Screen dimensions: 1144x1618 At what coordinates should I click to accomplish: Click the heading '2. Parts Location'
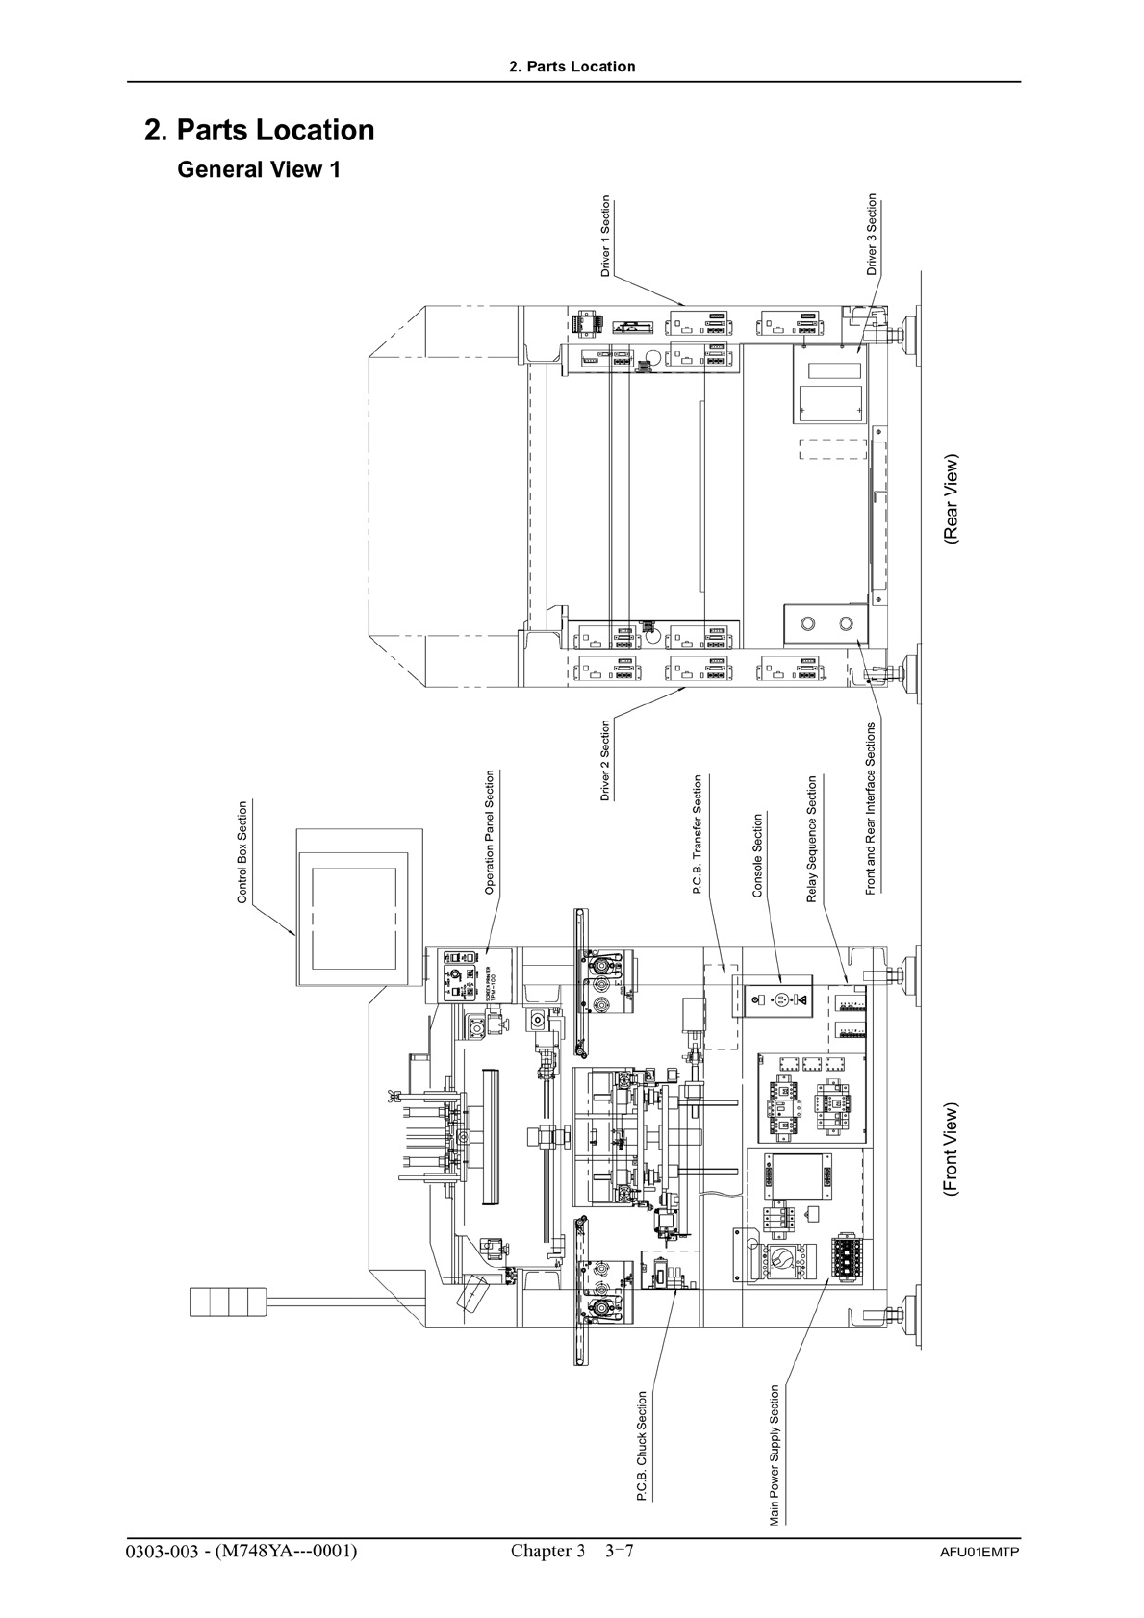coord(259,130)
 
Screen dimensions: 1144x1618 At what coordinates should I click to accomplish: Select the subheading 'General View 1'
coord(259,170)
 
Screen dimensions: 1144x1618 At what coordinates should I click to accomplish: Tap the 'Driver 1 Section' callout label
coord(605,237)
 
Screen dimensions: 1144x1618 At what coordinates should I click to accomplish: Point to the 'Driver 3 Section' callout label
coord(873,235)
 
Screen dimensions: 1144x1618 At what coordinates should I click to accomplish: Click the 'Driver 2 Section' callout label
coord(605,760)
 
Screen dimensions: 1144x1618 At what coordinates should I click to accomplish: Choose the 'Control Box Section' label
coord(242,852)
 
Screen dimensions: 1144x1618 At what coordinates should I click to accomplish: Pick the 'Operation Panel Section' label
coord(490,833)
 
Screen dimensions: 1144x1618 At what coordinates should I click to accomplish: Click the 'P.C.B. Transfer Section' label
coord(698,836)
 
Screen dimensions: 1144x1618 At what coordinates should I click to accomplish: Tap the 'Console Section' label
coord(757,855)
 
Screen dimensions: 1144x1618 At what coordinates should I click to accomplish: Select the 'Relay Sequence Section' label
coord(811,839)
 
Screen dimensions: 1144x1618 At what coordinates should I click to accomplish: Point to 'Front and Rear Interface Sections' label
coord(871,808)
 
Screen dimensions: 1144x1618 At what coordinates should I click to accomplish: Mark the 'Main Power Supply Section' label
coord(775,1455)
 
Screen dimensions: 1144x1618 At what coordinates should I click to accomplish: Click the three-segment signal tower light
coord(228,1302)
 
